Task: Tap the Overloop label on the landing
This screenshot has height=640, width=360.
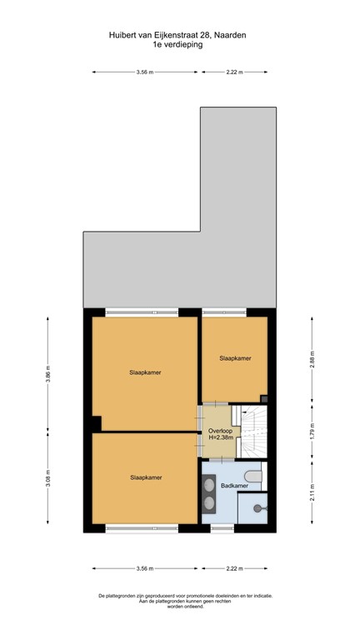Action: pyautogui.click(x=221, y=430)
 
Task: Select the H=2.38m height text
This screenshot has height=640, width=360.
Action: pyautogui.click(x=221, y=437)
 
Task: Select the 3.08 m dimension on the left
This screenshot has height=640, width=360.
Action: pyautogui.click(x=48, y=481)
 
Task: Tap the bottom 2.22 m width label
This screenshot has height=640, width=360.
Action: pyautogui.click(x=234, y=568)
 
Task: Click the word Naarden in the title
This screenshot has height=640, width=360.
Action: pyautogui.click(x=229, y=36)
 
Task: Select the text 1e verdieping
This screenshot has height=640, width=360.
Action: pyautogui.click(x=179, y=45)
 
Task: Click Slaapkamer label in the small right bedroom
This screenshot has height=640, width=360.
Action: pyautogui.click(x=235, y=358)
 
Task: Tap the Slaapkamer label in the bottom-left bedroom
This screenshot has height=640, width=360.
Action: pyautogui.click(x=145, y=477)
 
